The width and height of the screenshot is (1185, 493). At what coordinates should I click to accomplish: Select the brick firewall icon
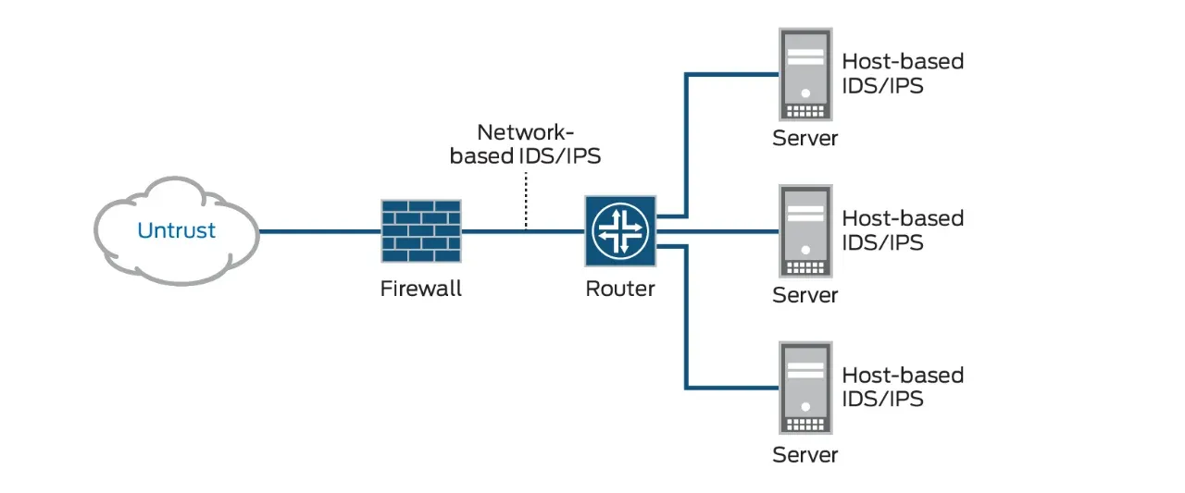tap(421, 230)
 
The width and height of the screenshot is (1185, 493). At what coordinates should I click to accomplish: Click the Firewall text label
tap(421, 289)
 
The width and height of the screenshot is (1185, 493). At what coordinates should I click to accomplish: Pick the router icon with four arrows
tap(620, 230)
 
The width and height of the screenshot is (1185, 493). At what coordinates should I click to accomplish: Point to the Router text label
tap(620, 289)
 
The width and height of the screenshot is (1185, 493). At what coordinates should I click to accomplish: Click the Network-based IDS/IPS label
tap(525, 144)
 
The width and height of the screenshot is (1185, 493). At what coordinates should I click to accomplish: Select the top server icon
tap(805, 75)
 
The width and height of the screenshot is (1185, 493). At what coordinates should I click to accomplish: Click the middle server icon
tap(805, 231)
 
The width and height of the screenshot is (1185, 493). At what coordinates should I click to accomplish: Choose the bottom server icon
tap(805, 389)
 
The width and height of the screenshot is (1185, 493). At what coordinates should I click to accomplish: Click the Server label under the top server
tap(805, 139)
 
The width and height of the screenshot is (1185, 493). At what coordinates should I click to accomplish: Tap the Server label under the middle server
tap(805, 296)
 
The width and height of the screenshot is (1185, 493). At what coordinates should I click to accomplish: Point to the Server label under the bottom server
tap(805, 454)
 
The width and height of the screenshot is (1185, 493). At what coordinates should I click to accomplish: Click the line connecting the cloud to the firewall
tap(319, 231)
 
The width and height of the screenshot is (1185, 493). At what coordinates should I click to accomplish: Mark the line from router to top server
tap(686, 139)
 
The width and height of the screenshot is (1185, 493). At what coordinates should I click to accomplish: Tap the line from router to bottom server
tap(686, 324)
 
